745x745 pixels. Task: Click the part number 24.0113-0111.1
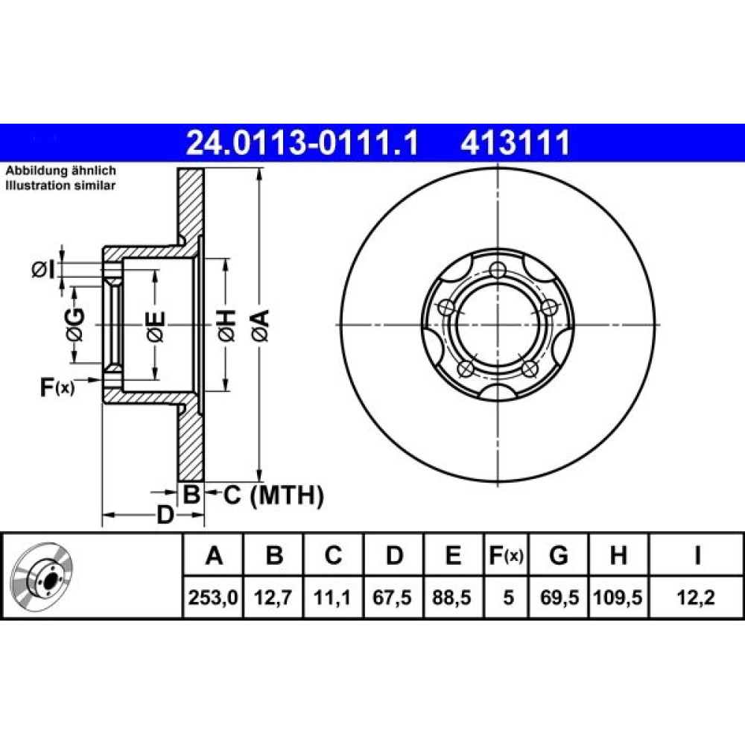pos(302,143)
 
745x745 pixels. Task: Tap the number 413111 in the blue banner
pos(515,143)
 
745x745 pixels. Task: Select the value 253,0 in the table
pos(213,597)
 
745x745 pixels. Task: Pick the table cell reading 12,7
pos(273,597)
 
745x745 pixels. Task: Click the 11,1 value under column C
pos(332,597)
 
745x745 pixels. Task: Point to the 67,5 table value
pos(392,597)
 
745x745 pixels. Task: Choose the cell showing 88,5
pos(452,597)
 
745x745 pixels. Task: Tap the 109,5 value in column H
pos(618,597)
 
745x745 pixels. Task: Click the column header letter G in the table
pos(558,555)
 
